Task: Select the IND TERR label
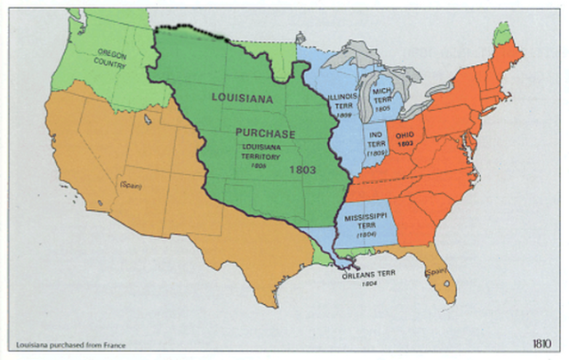(x=377, y=141)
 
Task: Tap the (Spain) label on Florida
(x=436, y=271)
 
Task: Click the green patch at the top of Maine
(x=503, y=33)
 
